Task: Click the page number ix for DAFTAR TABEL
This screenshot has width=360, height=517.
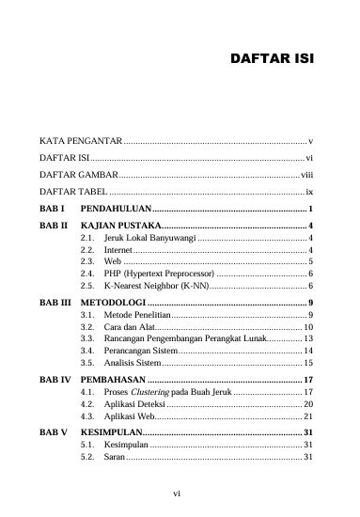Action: (x=308, y=192)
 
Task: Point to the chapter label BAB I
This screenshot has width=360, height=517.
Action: (x=51, y=208)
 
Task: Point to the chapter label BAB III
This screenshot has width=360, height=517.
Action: (x=55, y=304)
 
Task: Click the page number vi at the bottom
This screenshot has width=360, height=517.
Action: (x=180, y=492)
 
